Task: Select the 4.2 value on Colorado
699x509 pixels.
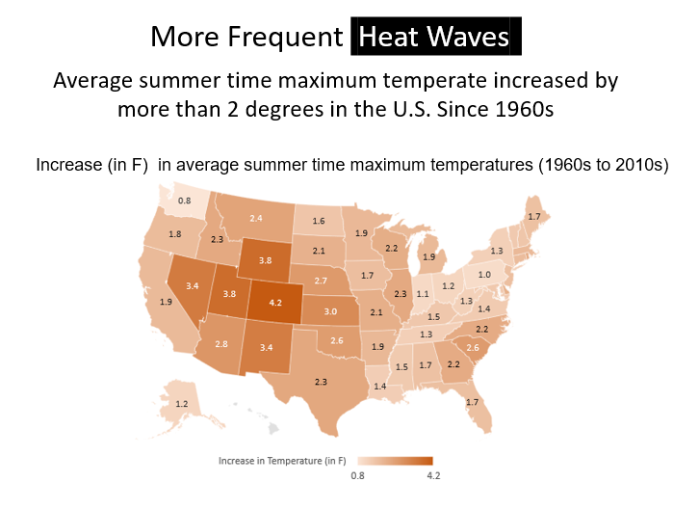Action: click(x=275, y=302)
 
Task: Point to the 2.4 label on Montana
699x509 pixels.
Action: click(x=256, y=219)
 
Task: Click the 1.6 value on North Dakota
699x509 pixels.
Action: click(x=318, y=221)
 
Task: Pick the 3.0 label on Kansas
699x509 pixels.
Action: click(x=329, y=311)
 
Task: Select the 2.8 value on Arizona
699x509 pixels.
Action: click(x=221, y=344)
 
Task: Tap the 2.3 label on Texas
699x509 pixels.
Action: click(x=321, y=382)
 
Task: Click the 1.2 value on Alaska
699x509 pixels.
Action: click(x=181, y=403)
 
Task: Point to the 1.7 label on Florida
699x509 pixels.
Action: click(x=472, y=401)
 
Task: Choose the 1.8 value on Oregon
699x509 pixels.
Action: click(x=175, y=234)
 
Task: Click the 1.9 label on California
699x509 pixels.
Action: click(x=166, y=302)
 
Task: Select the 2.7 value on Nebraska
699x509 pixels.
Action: click(x=322, y=280)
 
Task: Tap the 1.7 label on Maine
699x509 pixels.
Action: click(x=533, y=216)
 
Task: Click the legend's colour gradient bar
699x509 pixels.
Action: click(x=395, y=461)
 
